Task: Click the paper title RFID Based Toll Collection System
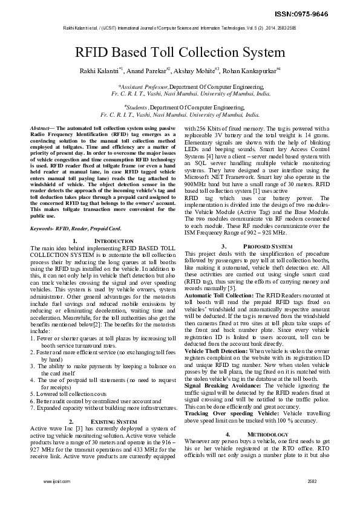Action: pos(179,53)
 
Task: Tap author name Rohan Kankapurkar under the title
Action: pos(249,71)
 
